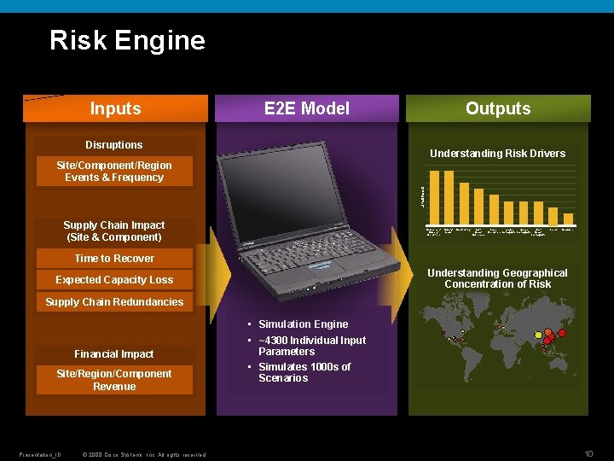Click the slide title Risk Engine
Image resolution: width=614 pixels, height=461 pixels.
[x=127, y=40]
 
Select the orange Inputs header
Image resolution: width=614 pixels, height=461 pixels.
[x=115, y=108]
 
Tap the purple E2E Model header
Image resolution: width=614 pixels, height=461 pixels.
[x=307, y=108]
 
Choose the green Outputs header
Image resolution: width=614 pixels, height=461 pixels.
[x=498, y=108]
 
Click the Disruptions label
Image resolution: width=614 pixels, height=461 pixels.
[x=114, y=145]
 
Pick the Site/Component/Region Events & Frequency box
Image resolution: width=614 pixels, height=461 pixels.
[x=114, y=172]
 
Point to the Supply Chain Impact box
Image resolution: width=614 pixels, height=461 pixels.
[x=114, y=230]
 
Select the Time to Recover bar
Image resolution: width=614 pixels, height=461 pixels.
[x=114, y=259]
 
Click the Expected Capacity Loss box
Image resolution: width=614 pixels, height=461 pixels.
[x=114, y=280]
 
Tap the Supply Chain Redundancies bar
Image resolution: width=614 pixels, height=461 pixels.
[x=114, y=302]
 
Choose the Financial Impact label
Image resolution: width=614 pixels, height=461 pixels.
[x=114, y=354]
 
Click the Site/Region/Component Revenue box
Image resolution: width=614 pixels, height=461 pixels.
[x=114, y=380]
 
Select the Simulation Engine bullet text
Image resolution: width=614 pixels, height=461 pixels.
[x=303, y=324]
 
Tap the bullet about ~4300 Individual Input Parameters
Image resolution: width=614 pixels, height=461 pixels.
[x=311, y=346]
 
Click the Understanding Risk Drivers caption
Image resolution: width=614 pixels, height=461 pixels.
[x=497, y=154]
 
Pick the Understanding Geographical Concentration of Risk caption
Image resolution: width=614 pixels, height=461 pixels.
[x=497, y=278]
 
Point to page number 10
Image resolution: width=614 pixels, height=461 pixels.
[x=588, y=452]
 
